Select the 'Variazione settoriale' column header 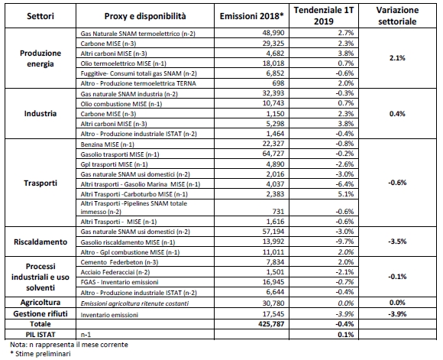click(x=402, y=16)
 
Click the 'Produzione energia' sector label click(x=39, y=58)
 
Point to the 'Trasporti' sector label click(x=39, y=184)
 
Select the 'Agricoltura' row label click(x=39, y=303)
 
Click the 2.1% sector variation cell click(x=402, y=58)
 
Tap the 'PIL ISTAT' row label click(x=39, y=335)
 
